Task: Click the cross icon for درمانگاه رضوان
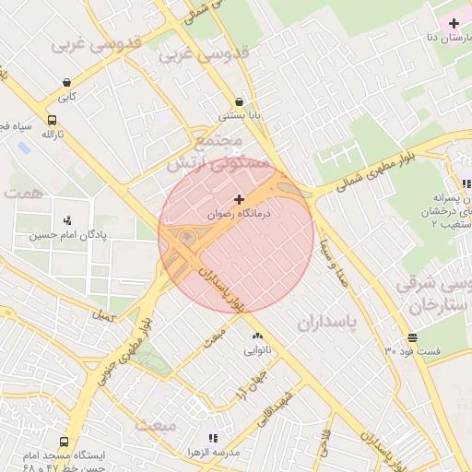pos(240,198)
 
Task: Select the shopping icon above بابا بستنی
pos(240,102)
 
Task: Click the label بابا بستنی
pos(239,117)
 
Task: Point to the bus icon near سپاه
pos(51,120)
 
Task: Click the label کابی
pos(67,95)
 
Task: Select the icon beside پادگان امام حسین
pos(66,220)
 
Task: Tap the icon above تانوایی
pos(256,336)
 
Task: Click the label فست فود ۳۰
pos(413,351)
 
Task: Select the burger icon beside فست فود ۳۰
pos(411,337)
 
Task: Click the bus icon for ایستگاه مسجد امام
pos(64,442)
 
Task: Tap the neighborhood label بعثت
pos(155,425)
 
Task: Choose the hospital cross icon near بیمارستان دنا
pos(453,22)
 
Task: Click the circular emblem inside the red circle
pos(188,238)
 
